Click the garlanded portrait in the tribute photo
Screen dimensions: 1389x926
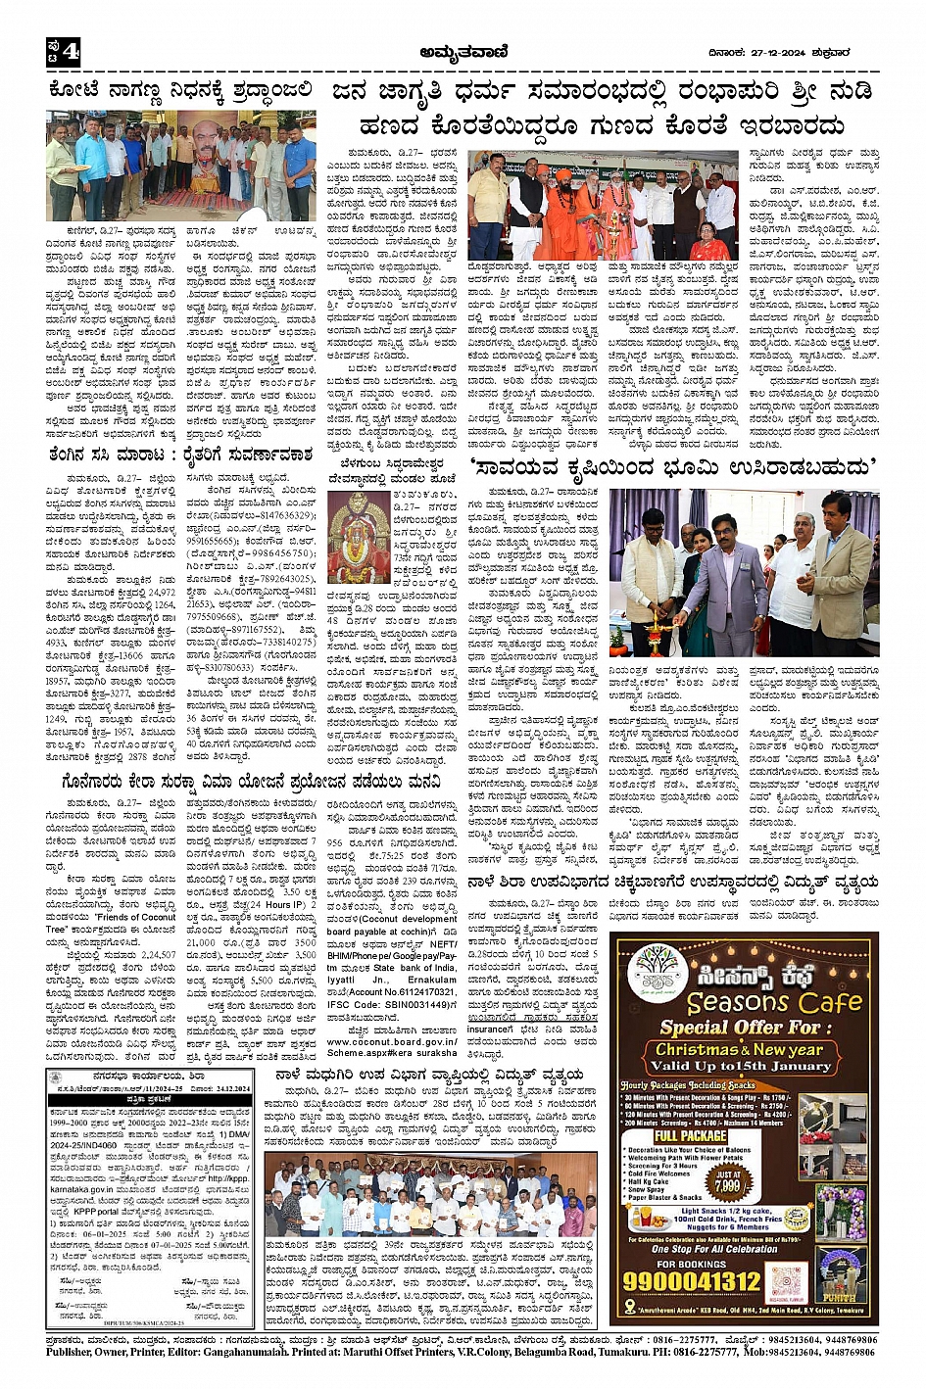point(204,148)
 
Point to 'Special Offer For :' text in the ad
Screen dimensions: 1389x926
point(739,1028)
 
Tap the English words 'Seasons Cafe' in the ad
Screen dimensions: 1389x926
point(759,1002)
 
